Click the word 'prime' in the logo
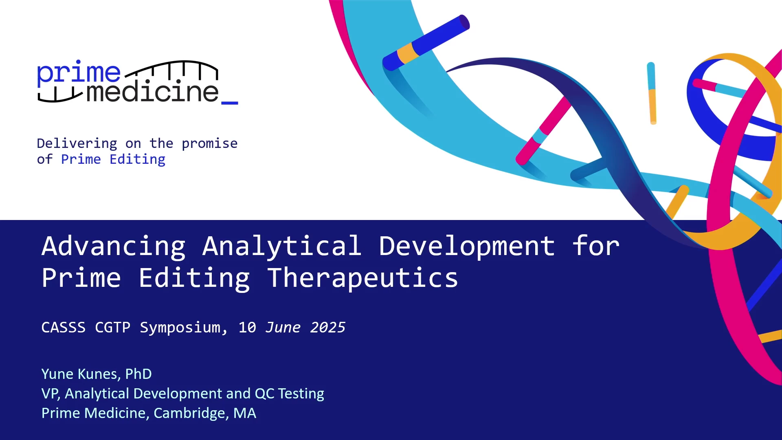point(79,73)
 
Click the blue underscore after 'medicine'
point(230,103)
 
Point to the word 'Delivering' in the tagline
point(77,144)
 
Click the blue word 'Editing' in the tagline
point(138,159)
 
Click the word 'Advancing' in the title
point(114,247)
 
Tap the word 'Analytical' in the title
point(282,246)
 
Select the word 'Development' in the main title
point(467,247)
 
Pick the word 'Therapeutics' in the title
point(362,279)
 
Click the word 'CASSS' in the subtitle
point(64,328)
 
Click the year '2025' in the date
point(328,328)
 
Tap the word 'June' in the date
point(283,328)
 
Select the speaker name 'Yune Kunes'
point(81,374)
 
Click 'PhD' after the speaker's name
point(138,374)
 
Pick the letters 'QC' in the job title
point(264,394)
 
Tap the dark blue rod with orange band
point(426,42)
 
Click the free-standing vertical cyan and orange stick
point(652,93)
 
